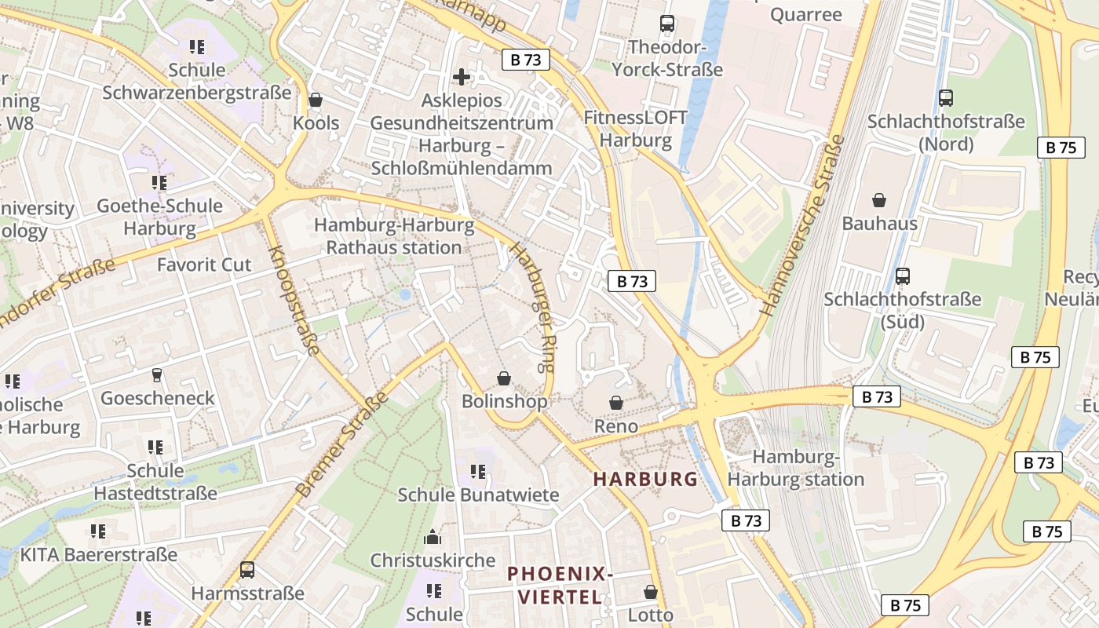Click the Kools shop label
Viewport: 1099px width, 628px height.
click(316, 123)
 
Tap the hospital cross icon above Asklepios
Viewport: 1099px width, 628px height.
click(462, 76)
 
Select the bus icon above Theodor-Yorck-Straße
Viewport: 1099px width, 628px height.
click(667, 24)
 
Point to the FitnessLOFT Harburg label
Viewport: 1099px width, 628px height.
click(635, 130)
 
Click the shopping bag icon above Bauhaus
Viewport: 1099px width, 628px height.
click(879, 200)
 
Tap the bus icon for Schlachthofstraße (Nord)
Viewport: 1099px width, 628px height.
click(946, 98)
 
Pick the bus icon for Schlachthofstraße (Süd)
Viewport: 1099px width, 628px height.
click(903, 276)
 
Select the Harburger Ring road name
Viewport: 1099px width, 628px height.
click(535, 306)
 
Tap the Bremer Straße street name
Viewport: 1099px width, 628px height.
click(342, 444)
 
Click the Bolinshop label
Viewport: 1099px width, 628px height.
click(504, 401)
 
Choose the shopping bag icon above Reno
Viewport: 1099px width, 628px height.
click(616, 403)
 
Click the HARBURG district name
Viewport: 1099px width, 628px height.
click(645, 479)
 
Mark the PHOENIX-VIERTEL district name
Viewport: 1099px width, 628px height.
click(559, 585)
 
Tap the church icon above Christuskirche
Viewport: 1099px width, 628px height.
click(433, 538)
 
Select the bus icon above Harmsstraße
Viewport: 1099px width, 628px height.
click(247, 570)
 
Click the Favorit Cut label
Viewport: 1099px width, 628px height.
click(204, 265)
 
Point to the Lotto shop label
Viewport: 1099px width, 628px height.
click(651, 615)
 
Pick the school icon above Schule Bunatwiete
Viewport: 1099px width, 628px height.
click(478, 472)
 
